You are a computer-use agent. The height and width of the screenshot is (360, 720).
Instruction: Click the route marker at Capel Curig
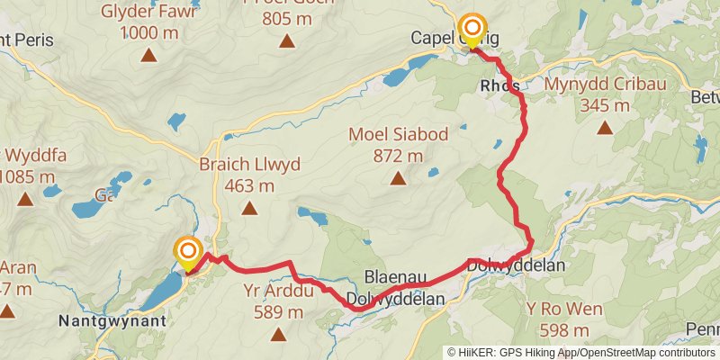pos(471,28)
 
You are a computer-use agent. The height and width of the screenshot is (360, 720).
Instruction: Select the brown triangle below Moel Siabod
pos(398,179)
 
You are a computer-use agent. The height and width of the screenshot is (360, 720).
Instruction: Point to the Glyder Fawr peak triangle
pos(149,56)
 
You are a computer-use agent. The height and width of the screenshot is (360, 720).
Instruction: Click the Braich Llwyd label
pos(250,166)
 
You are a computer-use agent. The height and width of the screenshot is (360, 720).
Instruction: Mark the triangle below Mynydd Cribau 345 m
pos(604,128)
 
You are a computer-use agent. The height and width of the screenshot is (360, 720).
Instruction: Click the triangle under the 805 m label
pos(286,40)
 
